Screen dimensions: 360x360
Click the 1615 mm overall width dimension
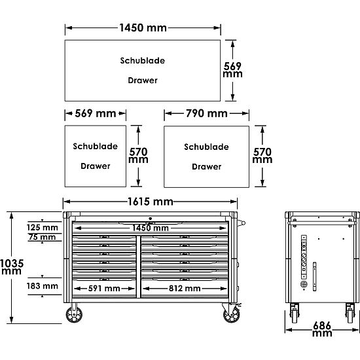pos(150,202)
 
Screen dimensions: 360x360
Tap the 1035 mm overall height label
pos(12,267)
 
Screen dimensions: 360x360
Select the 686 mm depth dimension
pos(322,329)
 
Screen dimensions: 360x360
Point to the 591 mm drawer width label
pos(104,289)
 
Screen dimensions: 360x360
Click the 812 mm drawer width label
pos(185,289)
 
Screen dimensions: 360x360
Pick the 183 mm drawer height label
pos(43,286)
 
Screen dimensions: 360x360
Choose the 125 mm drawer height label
pos(43,228)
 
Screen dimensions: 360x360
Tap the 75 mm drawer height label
pos(43,237)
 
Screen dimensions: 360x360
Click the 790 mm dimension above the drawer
pos(207,113)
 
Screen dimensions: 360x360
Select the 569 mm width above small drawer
pos(96,113)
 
